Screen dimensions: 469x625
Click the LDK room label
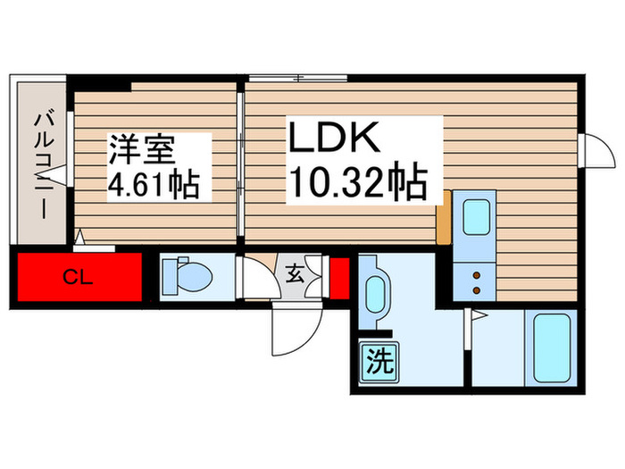[x=335, y=141]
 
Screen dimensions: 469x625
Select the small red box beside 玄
[x=338, y=277]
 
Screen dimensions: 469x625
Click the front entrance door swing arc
[x=293, y=332]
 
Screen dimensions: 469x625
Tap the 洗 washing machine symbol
[x=379, y=362]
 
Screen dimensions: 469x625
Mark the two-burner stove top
[x=476, y=282]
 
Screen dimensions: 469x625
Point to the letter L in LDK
[x=301, y=141]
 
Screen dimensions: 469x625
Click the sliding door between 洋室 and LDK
[x=241, y=161]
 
